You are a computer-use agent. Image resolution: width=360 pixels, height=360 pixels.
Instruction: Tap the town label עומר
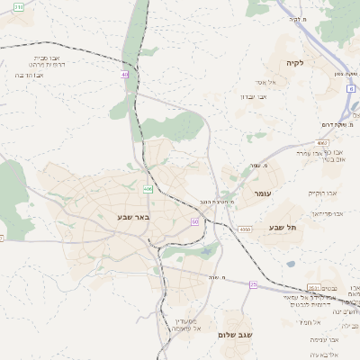pyautogui.click(x=262, y=193)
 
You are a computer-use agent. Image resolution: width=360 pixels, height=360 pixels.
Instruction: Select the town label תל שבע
pyautogui.click(x=282, y=227)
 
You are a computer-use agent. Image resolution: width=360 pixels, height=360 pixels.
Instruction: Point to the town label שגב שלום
pyautogui.click(x=235, y=334)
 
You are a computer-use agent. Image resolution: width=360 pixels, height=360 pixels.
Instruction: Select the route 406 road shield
pyautogui.click(x=147, y=189)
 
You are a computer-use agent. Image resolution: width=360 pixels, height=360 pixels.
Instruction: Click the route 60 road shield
pyautogui.click(x=194, y=220)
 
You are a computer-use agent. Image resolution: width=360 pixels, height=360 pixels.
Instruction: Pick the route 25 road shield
pyautogui.click(x=254, y=284)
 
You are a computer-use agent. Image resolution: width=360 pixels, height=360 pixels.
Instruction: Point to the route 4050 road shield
pyautogui.click(x=245, y=230)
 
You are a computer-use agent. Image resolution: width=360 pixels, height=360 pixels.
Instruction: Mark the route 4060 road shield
pyautogui.click(x=322, y=143)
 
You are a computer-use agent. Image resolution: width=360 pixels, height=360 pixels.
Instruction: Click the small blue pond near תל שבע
pyautogui.click(x=290, y=265)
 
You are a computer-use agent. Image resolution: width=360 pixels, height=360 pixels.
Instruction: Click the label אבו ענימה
pyautogui.click(x=325, y=339)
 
